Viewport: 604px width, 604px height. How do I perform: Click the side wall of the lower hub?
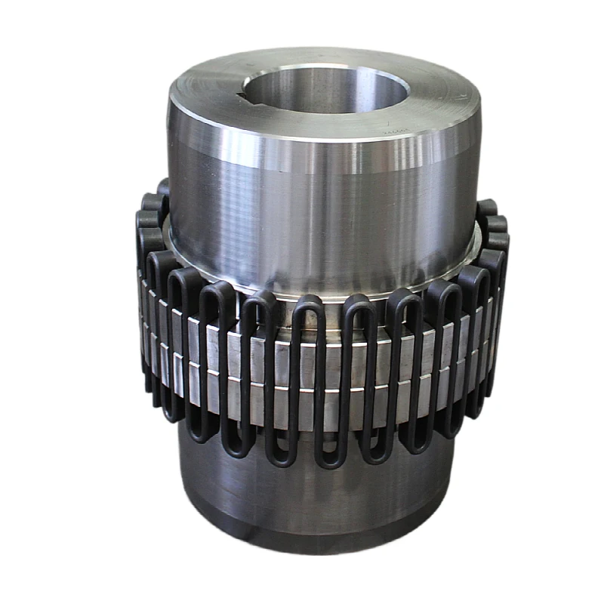point(317,491)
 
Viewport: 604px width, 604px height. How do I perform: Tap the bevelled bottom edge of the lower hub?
point(317,542)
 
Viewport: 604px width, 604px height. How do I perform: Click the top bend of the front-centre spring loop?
point(307,302)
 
